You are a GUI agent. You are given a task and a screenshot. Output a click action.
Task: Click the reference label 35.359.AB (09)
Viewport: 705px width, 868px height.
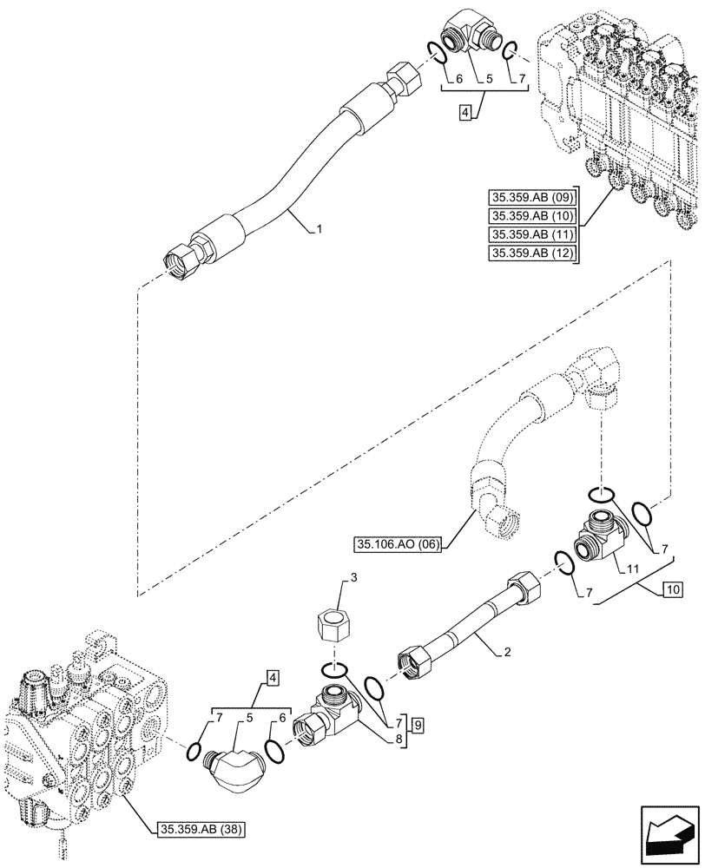click(530, 196)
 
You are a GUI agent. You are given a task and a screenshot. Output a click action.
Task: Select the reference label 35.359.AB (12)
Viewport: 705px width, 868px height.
click(530, 253)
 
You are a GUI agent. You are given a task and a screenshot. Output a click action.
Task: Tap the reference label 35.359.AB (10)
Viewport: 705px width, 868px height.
click(530, 215)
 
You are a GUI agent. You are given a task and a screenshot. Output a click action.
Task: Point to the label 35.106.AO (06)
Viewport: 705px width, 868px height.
click(399, 545)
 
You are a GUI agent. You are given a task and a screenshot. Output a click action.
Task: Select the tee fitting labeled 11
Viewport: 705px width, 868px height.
click(600, 536)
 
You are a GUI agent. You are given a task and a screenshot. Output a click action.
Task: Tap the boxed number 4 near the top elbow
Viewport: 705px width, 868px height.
click(466, 114)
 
